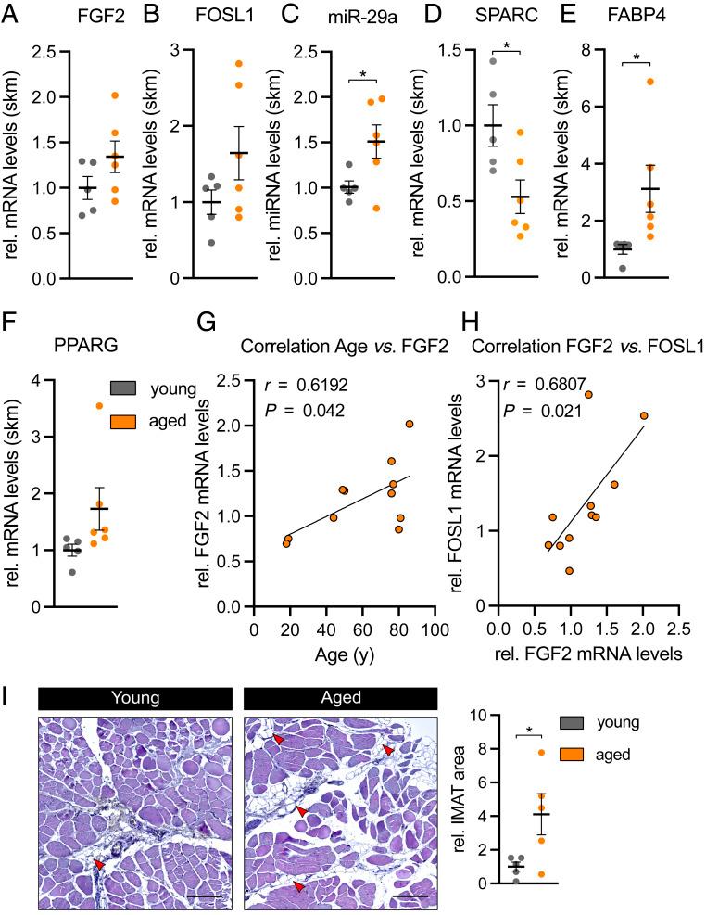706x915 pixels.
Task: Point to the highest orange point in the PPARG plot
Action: pos(99,405)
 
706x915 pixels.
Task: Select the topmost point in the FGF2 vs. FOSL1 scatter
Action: pos(587,394)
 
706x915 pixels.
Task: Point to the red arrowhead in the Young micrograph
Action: pos(96,864)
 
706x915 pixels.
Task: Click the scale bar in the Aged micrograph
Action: pos(416,896)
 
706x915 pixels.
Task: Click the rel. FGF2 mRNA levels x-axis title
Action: pos(586,652)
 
